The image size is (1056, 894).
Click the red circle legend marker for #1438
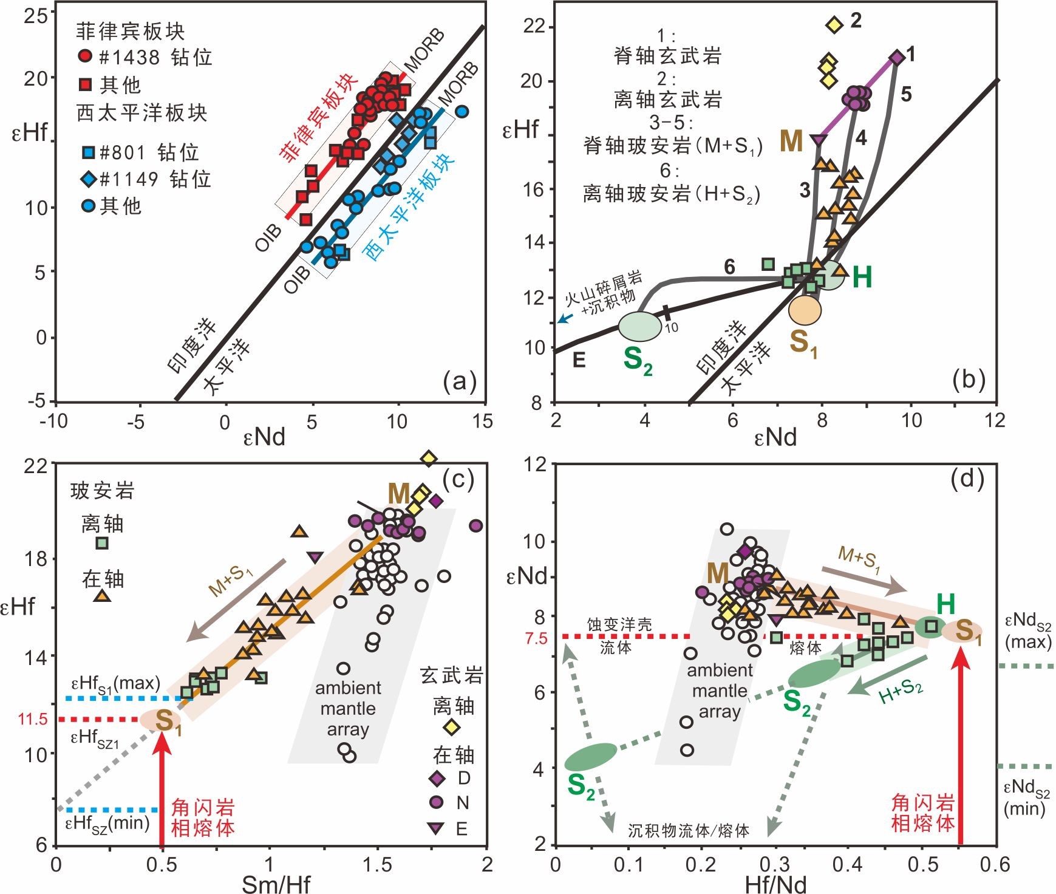(x=86, y=56)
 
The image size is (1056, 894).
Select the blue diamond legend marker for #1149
(x=88, y=179)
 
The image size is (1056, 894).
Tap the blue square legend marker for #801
(x=88, y=151)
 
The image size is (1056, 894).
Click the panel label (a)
(x=460, y=381)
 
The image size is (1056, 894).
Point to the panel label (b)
(x=969, y=380)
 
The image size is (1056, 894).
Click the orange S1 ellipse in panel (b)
(x=805, y=310)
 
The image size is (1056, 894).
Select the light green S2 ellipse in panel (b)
(x=640, y=326)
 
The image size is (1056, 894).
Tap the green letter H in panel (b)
(x=862, y=278)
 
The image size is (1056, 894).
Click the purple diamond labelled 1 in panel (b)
(x=897, y=57)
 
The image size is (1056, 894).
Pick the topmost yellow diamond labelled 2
(x=835, y=25)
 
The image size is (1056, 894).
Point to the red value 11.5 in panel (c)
(x=33, y=719)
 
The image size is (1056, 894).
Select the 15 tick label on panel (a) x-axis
(x=483, y=421)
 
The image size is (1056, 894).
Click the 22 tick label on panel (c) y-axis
(x=36, y=466)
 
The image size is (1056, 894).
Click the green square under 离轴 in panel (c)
(x=102, y=543)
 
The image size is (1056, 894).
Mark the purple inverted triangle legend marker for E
(x=435, y=828)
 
